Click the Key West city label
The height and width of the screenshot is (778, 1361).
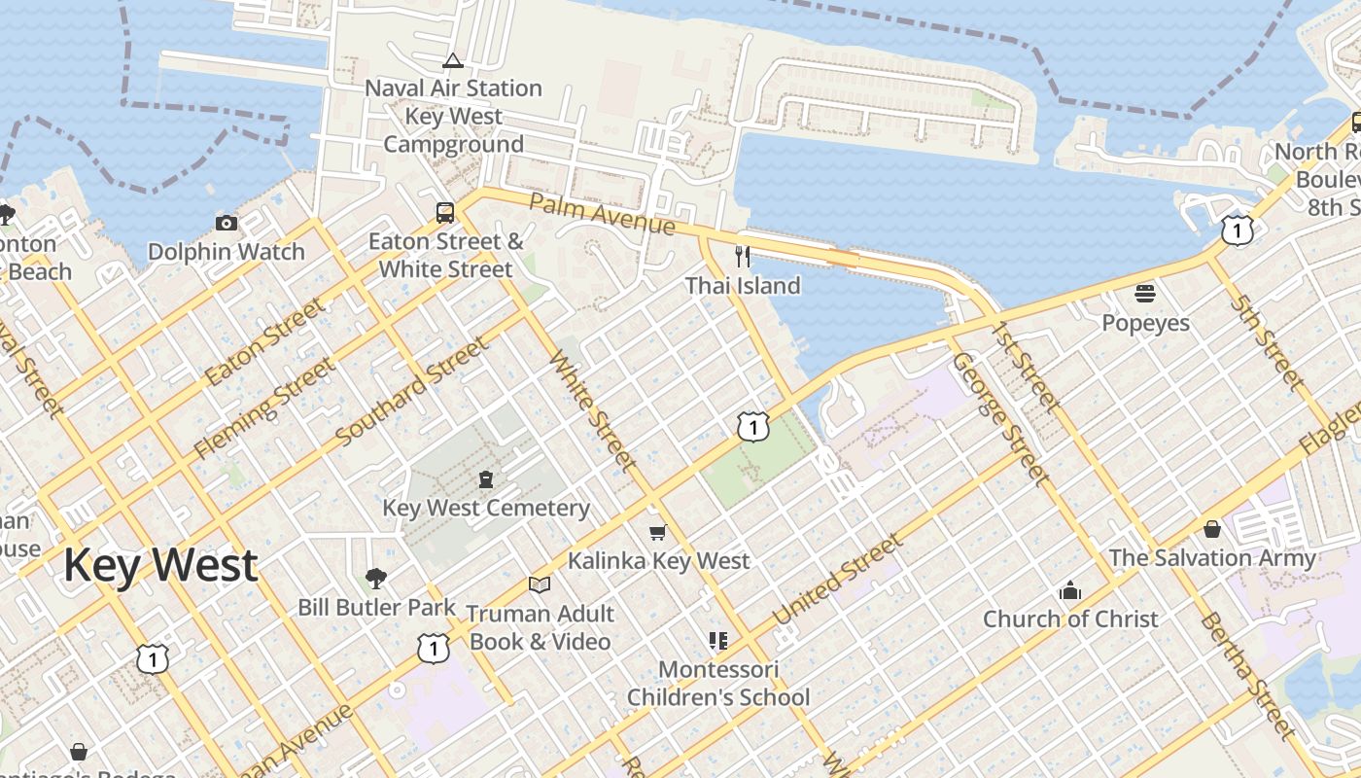(161, 565)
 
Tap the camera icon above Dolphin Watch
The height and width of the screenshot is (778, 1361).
(227, 224)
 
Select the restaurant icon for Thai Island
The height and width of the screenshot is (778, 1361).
(743, 257)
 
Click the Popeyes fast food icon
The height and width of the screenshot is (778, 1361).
(1145, 293)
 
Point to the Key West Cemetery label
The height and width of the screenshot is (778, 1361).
(486, 508)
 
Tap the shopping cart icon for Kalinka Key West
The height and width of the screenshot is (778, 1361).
(658, 532)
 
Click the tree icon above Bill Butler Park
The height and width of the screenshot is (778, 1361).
(376, 579)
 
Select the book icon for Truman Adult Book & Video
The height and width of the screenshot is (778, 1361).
(540, 584)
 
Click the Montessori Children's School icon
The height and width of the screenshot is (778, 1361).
(717, 640)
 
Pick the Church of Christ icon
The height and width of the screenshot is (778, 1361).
(1070, 590)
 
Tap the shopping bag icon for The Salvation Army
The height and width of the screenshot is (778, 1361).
(1212, 529)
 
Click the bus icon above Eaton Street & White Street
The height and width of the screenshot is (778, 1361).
(445, 213)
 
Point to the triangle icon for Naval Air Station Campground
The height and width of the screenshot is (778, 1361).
(453, 61)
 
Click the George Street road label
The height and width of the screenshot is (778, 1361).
(999, 419)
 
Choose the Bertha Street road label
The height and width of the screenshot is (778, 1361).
(1247, 675)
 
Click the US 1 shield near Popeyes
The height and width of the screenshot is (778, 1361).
(1238, 230)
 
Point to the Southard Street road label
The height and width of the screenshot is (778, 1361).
(411, 392)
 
